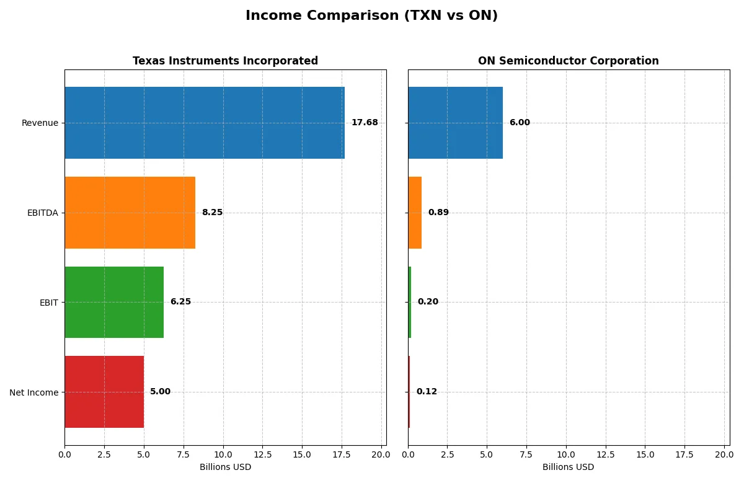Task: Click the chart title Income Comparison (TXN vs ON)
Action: [371, 16]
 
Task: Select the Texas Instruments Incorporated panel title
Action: [225, 61]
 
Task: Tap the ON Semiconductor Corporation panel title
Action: [568, 61]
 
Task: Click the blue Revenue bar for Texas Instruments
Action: [205, 123]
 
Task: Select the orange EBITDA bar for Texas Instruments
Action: [130, 213]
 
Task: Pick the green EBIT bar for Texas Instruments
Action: [114, 302]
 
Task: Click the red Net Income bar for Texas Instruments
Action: [104, 392]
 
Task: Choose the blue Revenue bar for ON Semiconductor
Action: [455, 123]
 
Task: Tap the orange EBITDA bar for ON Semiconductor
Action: [415, 213]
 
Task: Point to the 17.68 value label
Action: [365, 123]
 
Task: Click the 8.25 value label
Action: [212, 213]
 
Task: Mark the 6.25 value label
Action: [180, 302]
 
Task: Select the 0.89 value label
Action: [438, 213]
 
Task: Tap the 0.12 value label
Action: [427, 392]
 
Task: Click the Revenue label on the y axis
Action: [40, 123]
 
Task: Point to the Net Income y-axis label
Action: [34, 392]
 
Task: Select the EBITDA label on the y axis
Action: [43, 213]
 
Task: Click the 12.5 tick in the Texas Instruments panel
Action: [262, 454]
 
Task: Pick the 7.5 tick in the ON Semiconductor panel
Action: [526, 454]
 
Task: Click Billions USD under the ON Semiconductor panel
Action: [568, 467]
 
